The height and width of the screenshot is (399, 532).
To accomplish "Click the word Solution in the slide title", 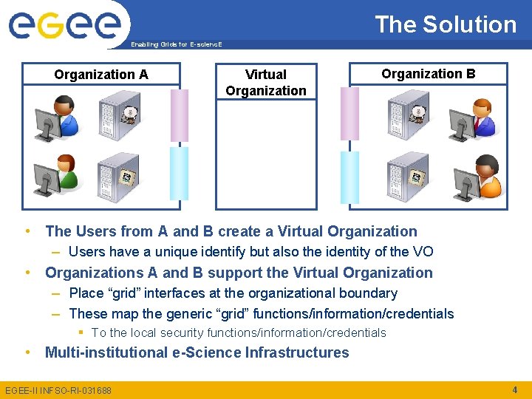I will coord(470,24).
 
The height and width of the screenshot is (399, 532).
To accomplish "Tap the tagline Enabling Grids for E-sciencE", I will coord(176,44).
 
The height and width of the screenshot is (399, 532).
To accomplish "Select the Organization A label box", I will coord(101,75).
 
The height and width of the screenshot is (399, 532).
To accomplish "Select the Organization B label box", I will coord(429,74).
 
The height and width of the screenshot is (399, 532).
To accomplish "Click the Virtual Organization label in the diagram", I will coord(266,83).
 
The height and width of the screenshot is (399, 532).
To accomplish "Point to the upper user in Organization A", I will coord(55,118).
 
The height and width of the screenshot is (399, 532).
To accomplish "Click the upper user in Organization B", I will coord(473,118).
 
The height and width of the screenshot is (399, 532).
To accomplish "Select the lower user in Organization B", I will coord(477,177).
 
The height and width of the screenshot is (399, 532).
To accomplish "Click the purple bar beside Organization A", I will coord(180,115).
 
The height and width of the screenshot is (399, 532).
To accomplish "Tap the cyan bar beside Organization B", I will coord(349,177).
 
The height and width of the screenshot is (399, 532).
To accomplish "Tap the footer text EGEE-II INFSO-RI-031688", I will coord(58,390).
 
